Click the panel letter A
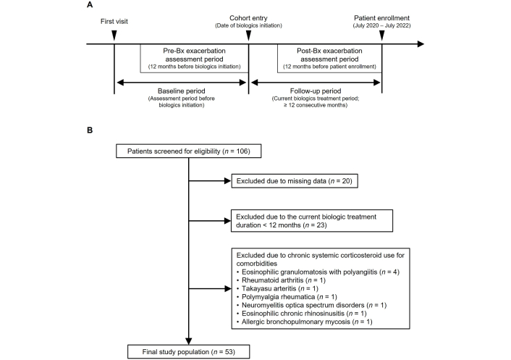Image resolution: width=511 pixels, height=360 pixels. tap(90, 5)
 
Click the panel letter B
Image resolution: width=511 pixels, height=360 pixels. tap(90, 130)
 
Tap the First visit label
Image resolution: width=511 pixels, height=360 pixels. tap(114, 22)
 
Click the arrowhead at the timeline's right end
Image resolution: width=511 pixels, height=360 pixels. tap(421, 43)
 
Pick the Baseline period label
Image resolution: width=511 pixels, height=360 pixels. tap(182, 91)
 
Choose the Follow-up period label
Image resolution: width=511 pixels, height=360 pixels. tap(316, 91)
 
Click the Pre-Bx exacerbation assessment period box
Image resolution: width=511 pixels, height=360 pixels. tap(194, 59)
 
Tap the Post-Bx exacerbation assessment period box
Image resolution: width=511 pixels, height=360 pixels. tap(329, 59)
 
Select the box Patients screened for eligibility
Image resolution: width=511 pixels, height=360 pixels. tap(189, 151)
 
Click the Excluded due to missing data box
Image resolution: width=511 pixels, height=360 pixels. tap(295, 181)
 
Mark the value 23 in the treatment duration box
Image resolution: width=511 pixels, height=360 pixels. tap(321, 225)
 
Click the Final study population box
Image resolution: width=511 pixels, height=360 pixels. tap(189, 352)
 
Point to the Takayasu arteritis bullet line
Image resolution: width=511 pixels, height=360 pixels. tap(277, 288)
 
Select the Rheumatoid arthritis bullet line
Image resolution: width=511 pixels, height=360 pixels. tap(281, 280)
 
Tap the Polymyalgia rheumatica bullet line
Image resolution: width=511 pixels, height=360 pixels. tap(287, 297)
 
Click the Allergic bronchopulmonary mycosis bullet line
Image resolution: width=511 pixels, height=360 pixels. tap(305, 322)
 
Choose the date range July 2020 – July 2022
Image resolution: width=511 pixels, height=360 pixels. tap(382, 25)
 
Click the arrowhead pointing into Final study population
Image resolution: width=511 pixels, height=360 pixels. tap(189, 341)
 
